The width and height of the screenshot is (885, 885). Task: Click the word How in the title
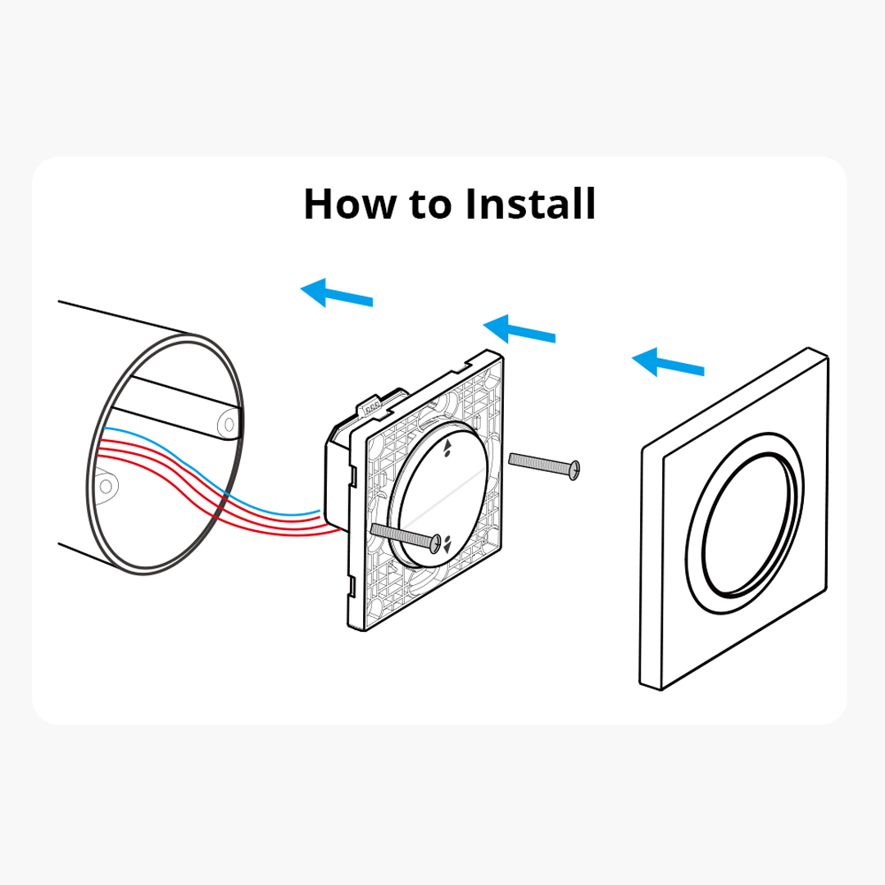pyautogui.click(x=349, y=204)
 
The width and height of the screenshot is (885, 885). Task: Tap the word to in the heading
pyautogui.click(x=430, y=205)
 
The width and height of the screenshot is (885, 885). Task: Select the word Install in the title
pyautogui.click(x=531, y=203)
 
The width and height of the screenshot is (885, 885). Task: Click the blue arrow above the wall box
pyautogui.click(x=337, y=293)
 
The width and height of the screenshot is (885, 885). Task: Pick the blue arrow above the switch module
pyautogui.click(x=520, y=329)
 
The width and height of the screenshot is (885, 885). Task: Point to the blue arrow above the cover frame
pyautogui.click(x=669, y=362)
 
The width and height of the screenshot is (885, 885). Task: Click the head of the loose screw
pyautogui.click(x=574, y=470)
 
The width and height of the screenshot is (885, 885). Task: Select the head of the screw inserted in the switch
pyautogui.click(x=435, y=543)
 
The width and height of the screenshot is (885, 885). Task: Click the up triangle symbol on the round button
pyautogui.click(x=448, y=445)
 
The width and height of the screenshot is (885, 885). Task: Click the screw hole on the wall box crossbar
pyautogui.click(x=229, y=424)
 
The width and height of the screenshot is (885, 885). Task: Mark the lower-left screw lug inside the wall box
pyautogui.click(x=106, y=485)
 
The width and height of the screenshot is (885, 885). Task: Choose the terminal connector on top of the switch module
pyautogui.click(x=371, y=407)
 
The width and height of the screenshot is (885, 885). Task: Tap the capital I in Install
pyautogui.click(x=470, y=204)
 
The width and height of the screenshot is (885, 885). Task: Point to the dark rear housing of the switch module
pyautogui.click(x=337, y=474)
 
